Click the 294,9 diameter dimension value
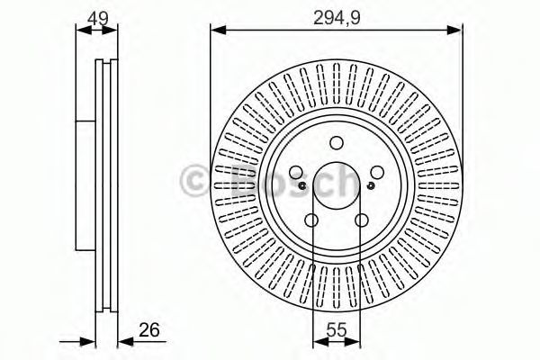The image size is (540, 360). point(337,18)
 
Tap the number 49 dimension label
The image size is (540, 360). point(98,18)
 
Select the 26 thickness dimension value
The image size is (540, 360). point(149,330)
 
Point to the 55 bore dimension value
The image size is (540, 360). point(336,330)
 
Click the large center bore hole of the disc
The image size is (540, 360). point(337,185)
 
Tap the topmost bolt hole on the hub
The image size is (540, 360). point(337,143)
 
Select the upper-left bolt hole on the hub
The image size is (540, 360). point(296,172)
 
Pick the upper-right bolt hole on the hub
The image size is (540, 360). point(377,172)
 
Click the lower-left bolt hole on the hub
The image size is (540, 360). point(311,220)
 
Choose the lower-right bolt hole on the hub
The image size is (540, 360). point(362,220)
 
